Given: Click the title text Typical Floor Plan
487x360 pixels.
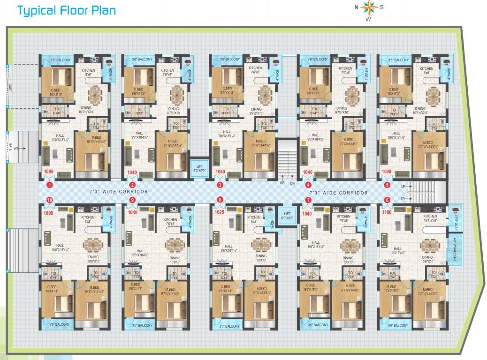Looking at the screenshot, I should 66,10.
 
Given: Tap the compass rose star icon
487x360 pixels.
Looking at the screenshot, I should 368,7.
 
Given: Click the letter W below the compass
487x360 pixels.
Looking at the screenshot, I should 368,20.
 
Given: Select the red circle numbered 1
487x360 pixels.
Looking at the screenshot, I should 49,185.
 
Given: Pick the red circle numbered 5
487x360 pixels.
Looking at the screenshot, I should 387,185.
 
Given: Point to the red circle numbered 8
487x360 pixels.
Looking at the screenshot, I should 220,200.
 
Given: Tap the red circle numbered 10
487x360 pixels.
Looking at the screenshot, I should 49,200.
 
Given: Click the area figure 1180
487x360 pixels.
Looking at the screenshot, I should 387,212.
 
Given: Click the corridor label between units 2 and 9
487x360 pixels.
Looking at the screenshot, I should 119,192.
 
